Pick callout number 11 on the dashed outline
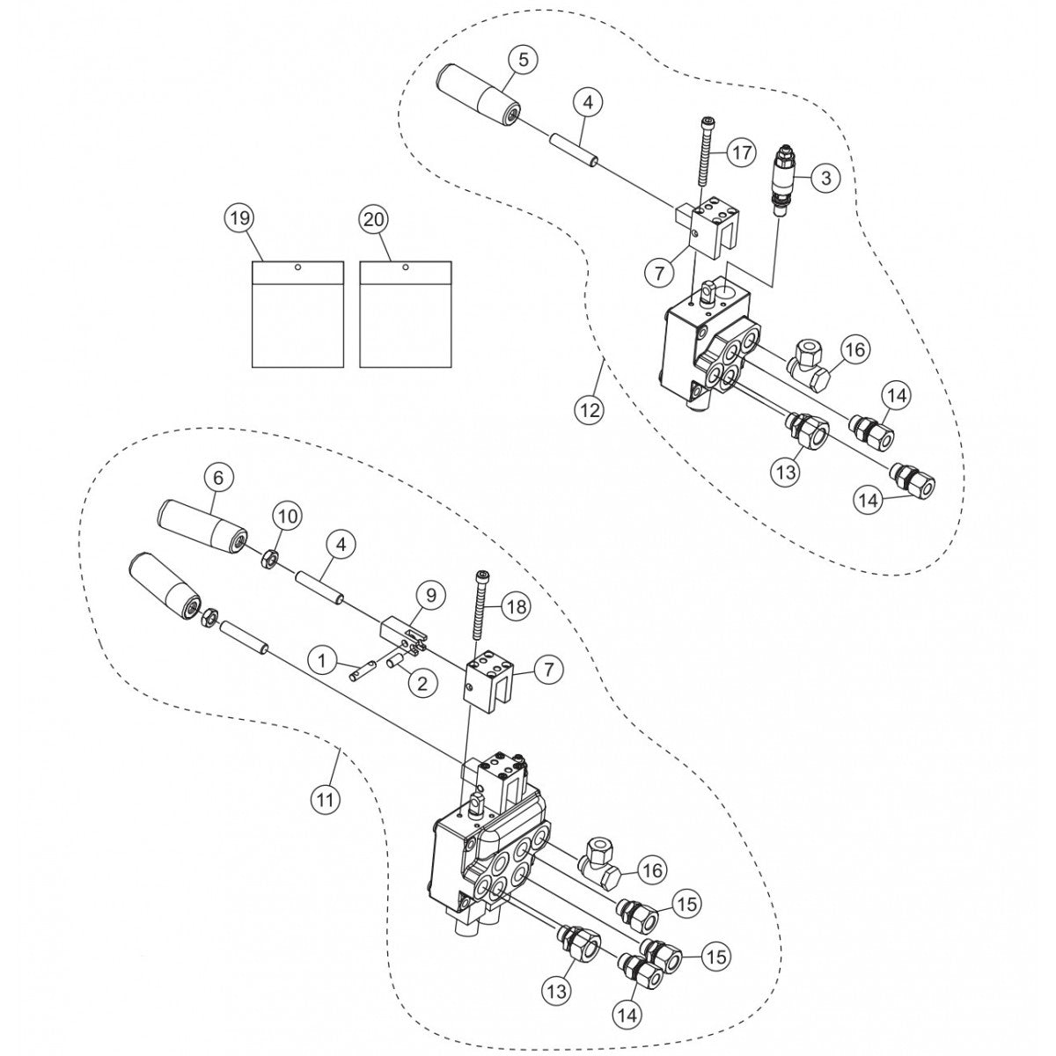(326, 799)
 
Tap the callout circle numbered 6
(219, 478)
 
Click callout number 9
(430, 597)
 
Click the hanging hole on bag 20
(405, 267)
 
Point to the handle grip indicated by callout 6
(201, 526)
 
